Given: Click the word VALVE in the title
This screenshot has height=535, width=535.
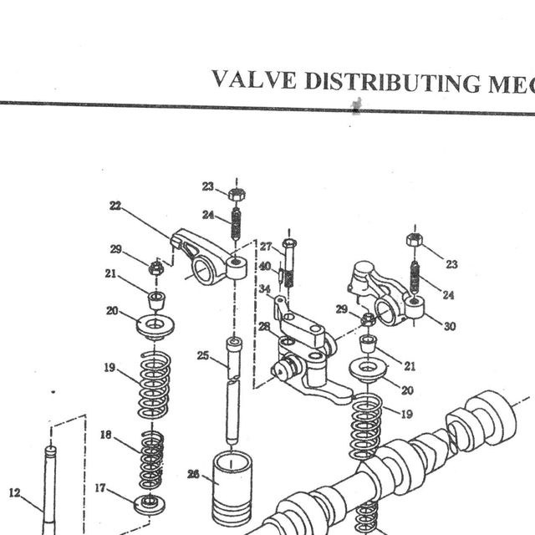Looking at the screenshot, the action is point(254,79).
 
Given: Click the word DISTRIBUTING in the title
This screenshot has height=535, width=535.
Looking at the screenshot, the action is point(393,82).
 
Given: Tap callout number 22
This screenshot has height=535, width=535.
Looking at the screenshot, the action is point(115,206).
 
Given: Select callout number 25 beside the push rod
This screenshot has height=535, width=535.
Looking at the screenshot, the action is point(202,355).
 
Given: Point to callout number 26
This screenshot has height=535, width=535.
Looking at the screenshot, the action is point(193,474).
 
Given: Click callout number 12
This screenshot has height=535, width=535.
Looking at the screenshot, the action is point(15,492).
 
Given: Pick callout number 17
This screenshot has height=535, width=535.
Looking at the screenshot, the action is point(100,488).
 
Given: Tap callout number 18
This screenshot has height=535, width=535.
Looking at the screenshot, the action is point(106,435).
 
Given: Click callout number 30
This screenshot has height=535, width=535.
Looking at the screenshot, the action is point(450,326).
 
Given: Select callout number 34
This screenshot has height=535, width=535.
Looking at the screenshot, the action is point(264,288).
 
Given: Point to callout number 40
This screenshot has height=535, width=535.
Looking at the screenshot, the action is point(265,266).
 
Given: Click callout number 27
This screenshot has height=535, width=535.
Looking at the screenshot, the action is point(266,247).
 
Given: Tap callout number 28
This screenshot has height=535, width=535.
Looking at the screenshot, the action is point(264,327).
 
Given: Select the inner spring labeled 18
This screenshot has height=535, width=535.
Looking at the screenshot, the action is point(151,460).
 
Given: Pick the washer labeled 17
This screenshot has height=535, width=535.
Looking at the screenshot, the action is point(149,504).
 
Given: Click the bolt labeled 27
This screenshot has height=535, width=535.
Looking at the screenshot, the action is point(289,262).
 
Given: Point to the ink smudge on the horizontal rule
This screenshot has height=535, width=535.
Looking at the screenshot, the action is point(356,106).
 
